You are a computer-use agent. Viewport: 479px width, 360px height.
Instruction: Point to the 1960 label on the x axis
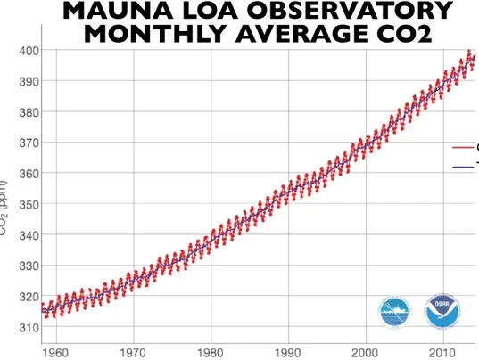click(55, 352)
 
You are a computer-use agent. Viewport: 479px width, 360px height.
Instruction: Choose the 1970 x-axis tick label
click(133, 352)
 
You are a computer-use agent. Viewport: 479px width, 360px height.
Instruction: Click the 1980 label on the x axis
click(211, 352)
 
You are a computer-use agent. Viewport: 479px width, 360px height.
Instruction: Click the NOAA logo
click(442, 313)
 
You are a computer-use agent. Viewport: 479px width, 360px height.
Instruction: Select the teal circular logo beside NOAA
click(395, 313)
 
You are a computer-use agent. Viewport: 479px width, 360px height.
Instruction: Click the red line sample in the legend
click(463, 147)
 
